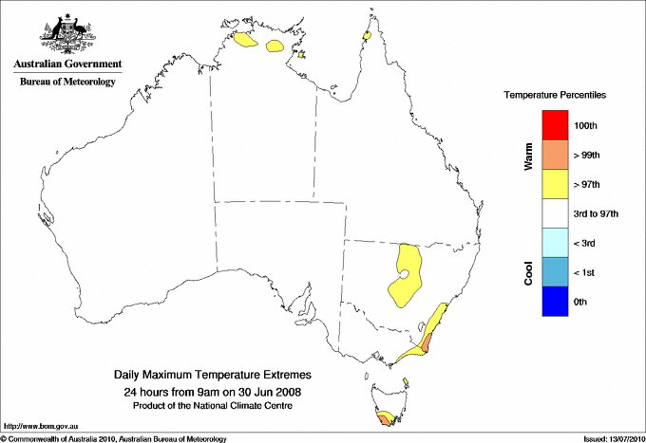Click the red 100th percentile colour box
555,125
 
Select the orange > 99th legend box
555,155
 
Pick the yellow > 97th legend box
555,184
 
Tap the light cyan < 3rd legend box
555,243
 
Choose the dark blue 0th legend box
555,302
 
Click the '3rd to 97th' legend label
597,214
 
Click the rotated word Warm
528,157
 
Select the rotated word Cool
528,272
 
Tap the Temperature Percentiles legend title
555,96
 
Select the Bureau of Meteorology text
67,82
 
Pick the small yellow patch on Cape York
366,36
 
